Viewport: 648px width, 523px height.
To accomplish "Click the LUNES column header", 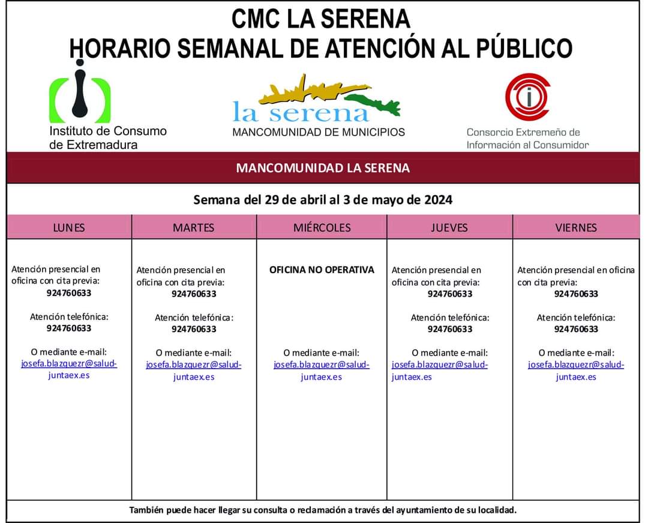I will tap(69, 228).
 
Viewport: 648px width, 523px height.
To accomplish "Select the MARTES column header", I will tap(193, 228).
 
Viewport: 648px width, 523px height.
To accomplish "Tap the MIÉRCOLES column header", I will tap(322, 228).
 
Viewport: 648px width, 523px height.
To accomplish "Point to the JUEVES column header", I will tap(449, 228).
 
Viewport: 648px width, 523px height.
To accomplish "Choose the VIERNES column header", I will tap(576, 228).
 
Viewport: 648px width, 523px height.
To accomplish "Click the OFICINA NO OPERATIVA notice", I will tap(322, 270).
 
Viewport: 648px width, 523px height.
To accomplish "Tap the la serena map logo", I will tap(318, 99).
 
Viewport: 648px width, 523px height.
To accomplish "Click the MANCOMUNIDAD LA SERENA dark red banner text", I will tap(323, 168).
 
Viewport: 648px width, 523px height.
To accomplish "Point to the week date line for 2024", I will tap(323, 199).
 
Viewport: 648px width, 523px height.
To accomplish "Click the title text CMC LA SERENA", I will tap(321, 19).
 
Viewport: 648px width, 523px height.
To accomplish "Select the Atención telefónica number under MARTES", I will tap(194, 329).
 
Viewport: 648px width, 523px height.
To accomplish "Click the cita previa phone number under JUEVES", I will tap(450, 294).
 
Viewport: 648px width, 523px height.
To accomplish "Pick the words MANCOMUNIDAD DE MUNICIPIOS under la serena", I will tap(319, 132).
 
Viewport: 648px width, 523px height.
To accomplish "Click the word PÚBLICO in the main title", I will tap(524, 48).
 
